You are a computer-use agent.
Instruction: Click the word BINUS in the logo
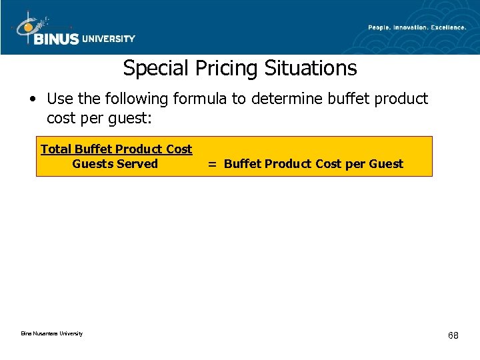pos(57,39)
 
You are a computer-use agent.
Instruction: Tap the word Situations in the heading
pos(310,68)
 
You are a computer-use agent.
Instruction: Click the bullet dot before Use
pos(33,99)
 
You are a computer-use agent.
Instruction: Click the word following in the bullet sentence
pos(137,99)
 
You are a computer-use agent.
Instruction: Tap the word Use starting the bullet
pos(59,99)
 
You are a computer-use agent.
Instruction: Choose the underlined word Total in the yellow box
pos(56,149)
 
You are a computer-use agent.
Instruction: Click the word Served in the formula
pos(137,164)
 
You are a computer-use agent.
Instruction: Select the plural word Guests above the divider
pos(93,164)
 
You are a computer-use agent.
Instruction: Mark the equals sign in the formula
pos(211,165)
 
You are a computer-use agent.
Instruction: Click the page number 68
pos(453,335)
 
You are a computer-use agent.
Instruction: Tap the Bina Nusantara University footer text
pos(51,333)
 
